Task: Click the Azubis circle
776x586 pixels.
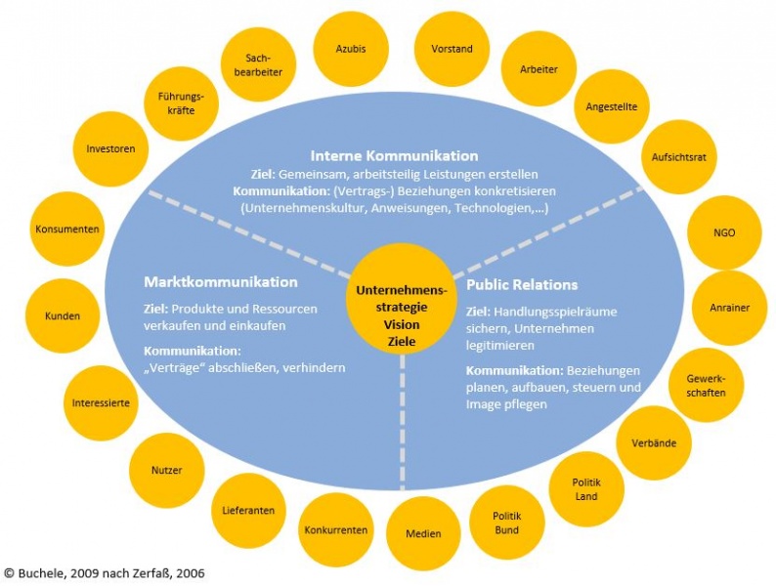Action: (x=349, y=48)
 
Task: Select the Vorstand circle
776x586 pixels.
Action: (x=452, y=49)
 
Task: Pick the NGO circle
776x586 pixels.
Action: (x=724, y=232)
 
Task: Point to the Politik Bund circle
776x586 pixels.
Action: (x=505, y=523)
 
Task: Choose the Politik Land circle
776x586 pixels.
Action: (x=586, y=489)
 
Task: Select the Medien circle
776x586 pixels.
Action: (x=423, y=533)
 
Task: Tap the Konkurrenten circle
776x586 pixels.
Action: (x=335, y=529)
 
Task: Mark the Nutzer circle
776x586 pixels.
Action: (x=166, y=470)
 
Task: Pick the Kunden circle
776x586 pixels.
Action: (x=63, y=315)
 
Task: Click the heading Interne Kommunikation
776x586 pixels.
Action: (x=394, y=155)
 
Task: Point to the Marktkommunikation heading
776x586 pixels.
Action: (x=220, y=281)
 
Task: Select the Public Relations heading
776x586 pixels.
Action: (x=521, y=284)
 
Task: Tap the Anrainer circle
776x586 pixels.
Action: (x=729, y=308)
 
